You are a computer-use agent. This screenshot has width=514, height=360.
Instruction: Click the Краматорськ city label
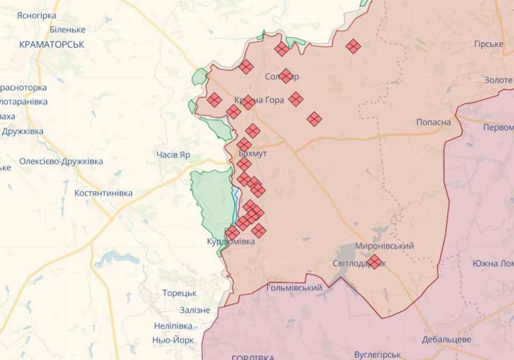click(51, 44)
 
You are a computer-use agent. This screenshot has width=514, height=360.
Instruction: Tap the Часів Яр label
click(173, 155)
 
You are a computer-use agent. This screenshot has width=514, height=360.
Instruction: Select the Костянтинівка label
click(104, 193)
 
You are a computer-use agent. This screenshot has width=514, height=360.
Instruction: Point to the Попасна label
click(434, 122)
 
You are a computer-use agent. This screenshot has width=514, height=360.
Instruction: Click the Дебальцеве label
click(447, 340)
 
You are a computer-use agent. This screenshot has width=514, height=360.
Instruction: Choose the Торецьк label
click(179, 293)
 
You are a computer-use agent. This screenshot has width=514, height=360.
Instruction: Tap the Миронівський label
click(384, 246)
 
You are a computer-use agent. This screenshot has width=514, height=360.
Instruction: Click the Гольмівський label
click(294, 288)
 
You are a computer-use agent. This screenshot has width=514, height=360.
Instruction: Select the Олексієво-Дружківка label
click(61, 161)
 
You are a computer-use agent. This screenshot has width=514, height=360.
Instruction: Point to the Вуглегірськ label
click(377, 355)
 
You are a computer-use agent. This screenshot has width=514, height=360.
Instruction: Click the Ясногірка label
click(36, 15)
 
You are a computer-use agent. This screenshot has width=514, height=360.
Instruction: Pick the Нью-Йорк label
click(173, 340)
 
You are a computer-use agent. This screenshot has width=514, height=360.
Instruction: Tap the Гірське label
click(488, 44)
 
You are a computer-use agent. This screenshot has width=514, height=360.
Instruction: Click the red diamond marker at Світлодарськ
click(375, 262)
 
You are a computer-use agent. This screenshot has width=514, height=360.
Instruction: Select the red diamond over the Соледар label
click(286, 76)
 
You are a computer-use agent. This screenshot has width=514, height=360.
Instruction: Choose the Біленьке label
click(67, 30)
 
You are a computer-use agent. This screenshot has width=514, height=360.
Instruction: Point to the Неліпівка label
click(173, 326)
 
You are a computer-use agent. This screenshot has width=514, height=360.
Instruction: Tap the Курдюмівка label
click(231, 242)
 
